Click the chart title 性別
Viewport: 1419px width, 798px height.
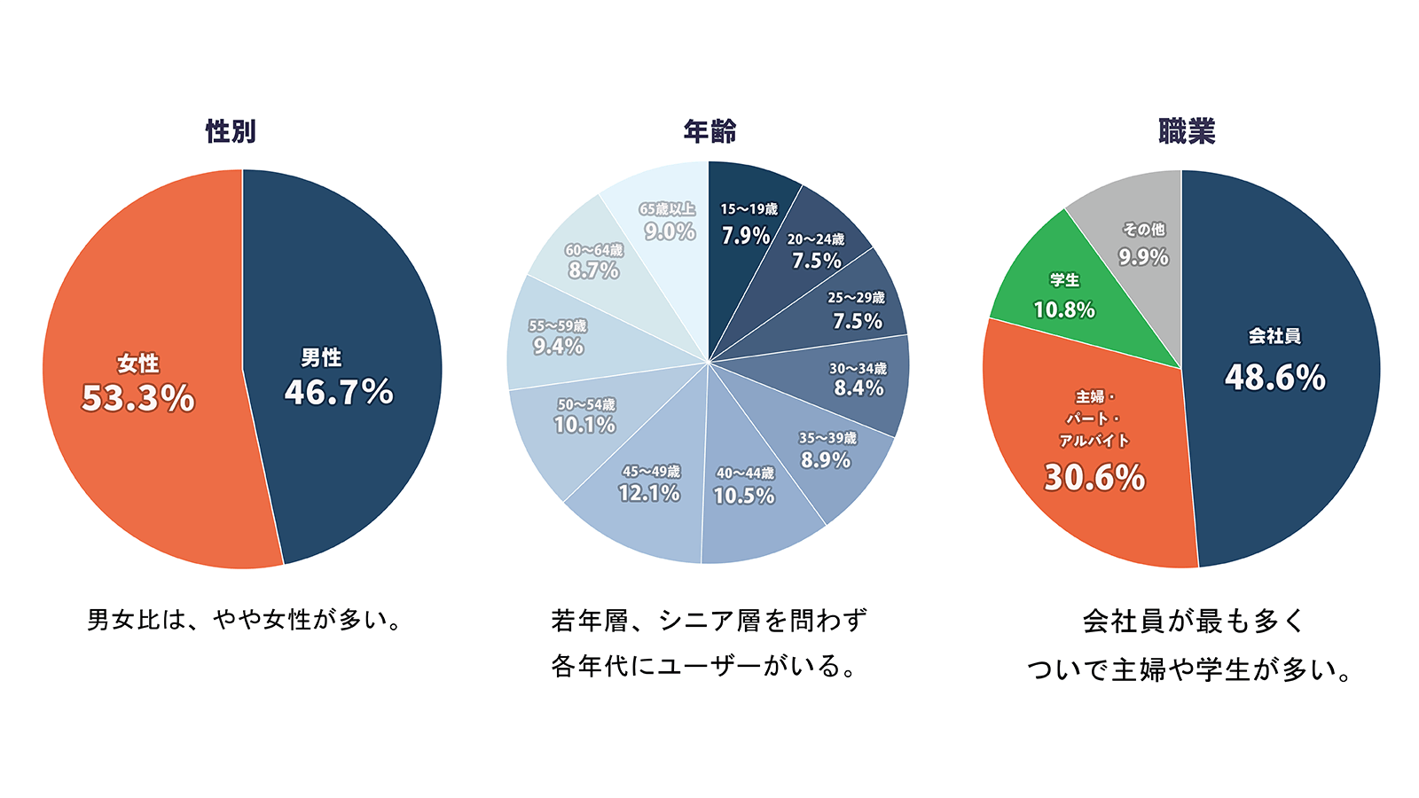pos(231,131)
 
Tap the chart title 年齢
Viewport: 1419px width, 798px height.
pos(709,131)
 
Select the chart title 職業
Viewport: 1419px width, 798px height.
pos(1187,131)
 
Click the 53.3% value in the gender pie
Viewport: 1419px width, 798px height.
pos(137,398)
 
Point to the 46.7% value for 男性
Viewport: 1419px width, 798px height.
pos(339,392)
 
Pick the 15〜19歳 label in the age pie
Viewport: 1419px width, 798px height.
pos(749,209)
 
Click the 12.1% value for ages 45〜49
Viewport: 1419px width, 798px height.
pos(649,493)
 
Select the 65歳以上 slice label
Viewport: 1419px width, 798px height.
pos(667,209)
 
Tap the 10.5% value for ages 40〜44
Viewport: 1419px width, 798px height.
pos(744,496)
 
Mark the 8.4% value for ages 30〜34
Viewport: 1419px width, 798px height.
pos(858,388)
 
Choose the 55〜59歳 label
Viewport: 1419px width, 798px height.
pos(558,325)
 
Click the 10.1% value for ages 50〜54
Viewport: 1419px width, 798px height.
pos(584,426)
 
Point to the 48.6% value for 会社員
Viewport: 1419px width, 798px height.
pos(1274,378)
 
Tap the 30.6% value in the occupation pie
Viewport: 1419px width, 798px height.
pos(1094,478)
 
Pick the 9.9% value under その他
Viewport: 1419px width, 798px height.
pos(1143,257)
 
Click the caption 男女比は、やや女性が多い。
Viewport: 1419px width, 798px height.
pos(245,619)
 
